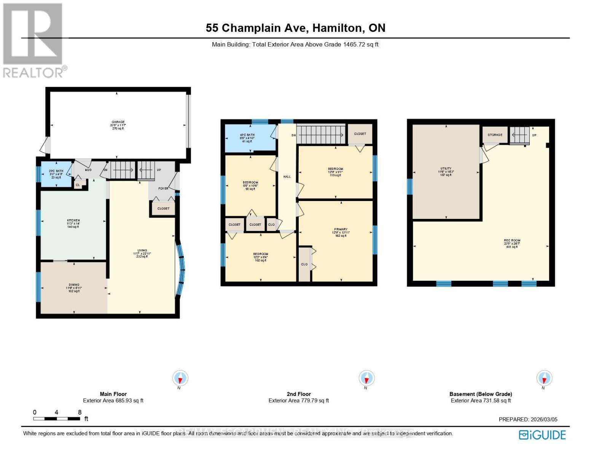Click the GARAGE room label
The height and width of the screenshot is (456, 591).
[118, 122]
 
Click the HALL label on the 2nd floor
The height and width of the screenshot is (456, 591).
[287, 177]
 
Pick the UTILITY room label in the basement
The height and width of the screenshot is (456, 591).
[446, 169]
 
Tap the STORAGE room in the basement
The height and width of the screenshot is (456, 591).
[495, 135]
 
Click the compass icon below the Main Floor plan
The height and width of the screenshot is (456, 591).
[180, 378]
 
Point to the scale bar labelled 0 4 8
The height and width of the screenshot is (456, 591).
[57, 418]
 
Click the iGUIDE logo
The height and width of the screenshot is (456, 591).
[542, 435]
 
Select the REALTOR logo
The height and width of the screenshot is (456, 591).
[33, 40]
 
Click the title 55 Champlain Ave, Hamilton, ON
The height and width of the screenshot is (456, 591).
[295, 28]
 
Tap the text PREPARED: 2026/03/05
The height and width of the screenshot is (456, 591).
[528, 420]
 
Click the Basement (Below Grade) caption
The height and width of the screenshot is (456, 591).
[481, 394]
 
